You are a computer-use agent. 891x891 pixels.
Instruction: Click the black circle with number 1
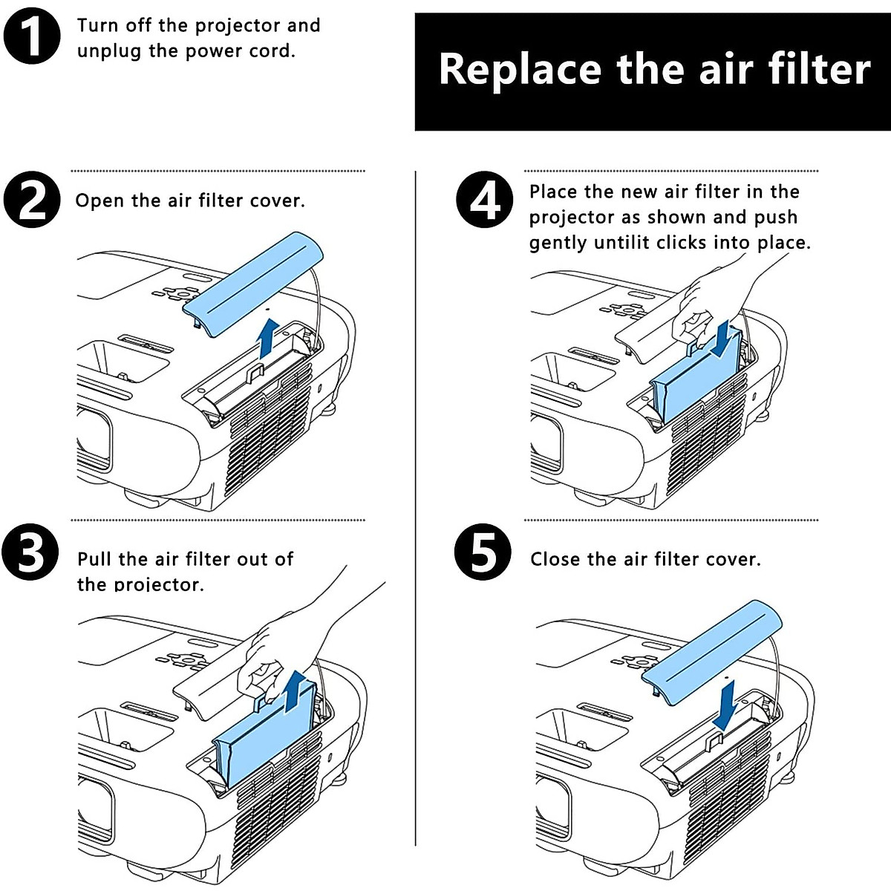(32, 36)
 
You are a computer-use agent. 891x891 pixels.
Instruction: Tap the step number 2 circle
(32, 199)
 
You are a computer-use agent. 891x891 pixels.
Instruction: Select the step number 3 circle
(30, 552)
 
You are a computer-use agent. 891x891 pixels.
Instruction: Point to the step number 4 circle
(485, 199)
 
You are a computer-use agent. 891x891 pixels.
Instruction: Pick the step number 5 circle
(483, 552)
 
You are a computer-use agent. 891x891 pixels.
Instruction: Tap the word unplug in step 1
(108, 51)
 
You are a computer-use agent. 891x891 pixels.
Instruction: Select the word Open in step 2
(99, 201)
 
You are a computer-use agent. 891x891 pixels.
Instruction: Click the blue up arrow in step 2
(268, 339)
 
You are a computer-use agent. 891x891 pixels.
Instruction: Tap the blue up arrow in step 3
(295, 692)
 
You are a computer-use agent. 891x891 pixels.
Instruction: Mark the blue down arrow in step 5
(725, 706)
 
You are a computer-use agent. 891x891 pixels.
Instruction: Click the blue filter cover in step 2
(253, 284)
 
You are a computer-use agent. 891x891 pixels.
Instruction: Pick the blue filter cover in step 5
(711, 653)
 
